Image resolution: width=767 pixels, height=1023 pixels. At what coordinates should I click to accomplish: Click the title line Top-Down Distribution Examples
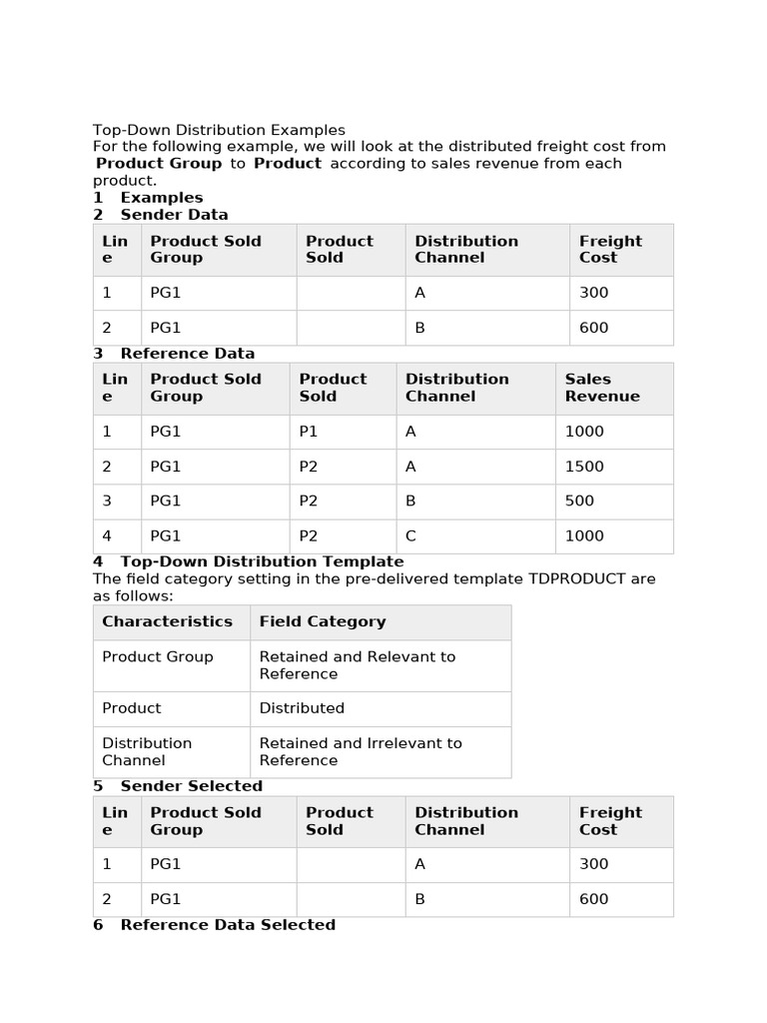pyautogui.click(x=219, y=130)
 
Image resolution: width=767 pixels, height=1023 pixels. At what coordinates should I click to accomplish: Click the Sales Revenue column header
pyautogui.click(x=602, y=388)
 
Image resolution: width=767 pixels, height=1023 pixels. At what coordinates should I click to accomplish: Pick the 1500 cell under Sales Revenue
pyautogui.click(x=584, y=467)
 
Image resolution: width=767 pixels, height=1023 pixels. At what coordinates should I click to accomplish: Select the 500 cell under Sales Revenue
pyautogui.click(x=579, y=502)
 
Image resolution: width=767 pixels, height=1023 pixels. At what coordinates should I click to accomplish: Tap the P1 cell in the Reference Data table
pyautogui.click(x=309, y=432)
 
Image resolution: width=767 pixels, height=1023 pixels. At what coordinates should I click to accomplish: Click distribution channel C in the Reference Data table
pyautogui.click(x=410, y=536)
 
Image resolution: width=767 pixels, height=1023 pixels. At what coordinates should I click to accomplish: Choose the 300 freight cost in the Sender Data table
pyautogui.click(x=593, y=293)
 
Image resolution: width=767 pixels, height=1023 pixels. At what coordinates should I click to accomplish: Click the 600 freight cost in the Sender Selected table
pyautogui.click(x=593, y=899)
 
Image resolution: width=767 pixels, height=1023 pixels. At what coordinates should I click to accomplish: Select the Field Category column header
pyautogui.click(x=322, y=621)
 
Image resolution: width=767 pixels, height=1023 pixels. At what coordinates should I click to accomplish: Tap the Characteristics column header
pyautogui.click(x=167, y=621)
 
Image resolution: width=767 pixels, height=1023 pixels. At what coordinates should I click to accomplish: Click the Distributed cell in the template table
pyautogui.click(x=302, y=708)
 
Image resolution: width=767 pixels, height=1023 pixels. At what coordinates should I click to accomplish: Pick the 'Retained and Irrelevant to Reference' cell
pyautogui.click(x=360, y=751)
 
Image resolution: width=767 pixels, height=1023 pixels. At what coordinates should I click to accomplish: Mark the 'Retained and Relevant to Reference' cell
pyautogui.click(x=357, y=665)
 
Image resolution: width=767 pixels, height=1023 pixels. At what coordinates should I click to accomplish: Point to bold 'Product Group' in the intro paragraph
pyautogui.click(x=159, y=164)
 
